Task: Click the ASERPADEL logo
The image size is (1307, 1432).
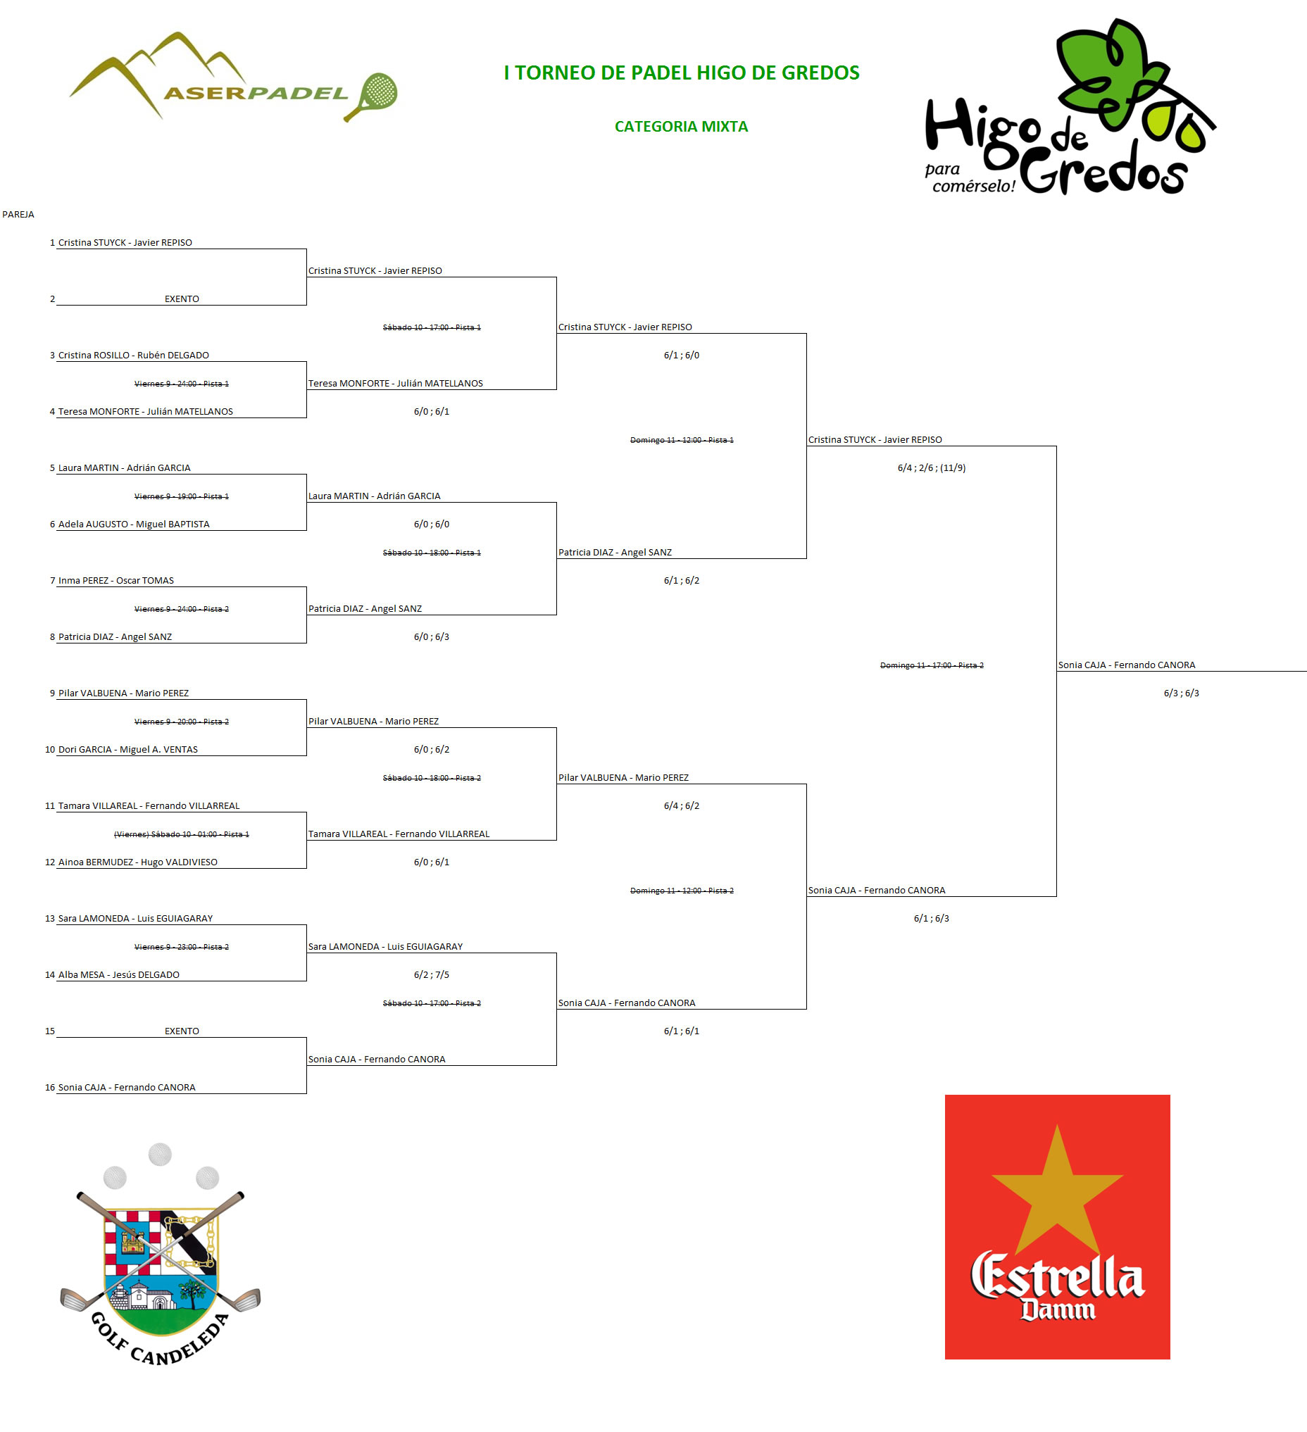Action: (233, 77)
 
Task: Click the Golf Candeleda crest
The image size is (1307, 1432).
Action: (161, 1255)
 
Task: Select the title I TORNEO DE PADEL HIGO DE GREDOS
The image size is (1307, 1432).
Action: (681, 73)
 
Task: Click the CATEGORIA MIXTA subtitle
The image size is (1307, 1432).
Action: (681, 127)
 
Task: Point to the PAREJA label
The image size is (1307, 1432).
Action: (18, 215)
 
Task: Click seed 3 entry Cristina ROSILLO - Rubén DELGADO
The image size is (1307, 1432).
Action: (134, 355)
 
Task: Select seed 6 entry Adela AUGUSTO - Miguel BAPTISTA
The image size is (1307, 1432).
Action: (134, 525)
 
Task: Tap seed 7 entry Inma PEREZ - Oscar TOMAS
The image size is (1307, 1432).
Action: (115, 580)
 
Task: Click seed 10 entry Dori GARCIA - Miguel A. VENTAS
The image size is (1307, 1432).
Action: (128, 749)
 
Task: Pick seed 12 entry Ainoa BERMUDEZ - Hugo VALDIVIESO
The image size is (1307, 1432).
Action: (138, 862)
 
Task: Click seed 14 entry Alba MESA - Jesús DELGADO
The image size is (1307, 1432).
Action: (118, 974)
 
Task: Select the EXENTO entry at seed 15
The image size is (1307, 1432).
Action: (182, 1031)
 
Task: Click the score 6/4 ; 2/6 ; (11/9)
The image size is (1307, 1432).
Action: (931, 468)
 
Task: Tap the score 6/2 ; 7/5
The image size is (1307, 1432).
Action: (431, 974)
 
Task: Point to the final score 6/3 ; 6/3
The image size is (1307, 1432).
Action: (1181, 693)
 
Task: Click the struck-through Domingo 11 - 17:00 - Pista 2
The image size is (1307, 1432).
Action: (931, 665)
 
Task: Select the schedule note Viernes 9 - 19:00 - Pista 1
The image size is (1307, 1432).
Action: (181, 496)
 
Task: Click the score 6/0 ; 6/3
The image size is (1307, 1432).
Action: (431, 637)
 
